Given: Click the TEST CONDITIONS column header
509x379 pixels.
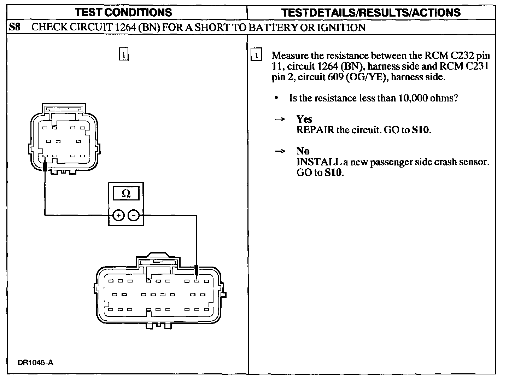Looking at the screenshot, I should (x=123, y=12).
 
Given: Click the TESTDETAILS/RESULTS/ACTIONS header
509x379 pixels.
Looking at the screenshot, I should (x=371, y=13).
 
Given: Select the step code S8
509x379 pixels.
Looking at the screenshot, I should (x=15, y=27).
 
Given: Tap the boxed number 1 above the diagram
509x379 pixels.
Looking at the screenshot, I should (x=123, y=54).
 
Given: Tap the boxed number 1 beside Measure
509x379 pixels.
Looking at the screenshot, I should (x=256, y=56).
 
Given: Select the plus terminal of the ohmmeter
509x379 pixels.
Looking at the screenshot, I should (x=118, y=215).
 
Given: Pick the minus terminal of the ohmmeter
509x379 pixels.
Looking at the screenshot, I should (x=133, y=215).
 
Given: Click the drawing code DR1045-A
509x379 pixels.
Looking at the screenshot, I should (x=35, y=363).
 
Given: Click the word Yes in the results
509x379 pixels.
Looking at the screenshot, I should (x=304, y=119).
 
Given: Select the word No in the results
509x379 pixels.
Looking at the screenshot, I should (x=303, y=151).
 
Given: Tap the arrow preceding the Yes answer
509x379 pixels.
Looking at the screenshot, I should (x=280, y=119).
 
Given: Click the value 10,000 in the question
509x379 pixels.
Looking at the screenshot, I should (x=413, y=98).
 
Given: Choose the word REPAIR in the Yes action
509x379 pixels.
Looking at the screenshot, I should (x=315, y=130).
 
